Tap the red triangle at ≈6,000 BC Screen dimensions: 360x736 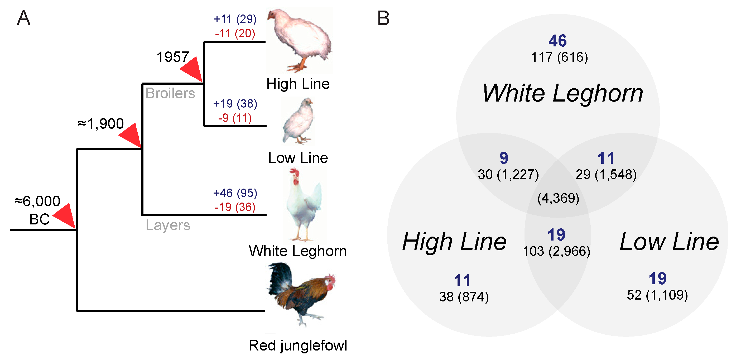click(65, 216)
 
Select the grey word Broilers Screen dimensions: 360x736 click(170, 93)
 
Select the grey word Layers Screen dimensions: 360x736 click(168, 225)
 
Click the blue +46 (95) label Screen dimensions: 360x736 click(235, 193)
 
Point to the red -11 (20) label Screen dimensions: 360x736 click(235, 33)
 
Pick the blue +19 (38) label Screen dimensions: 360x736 click(235, 104)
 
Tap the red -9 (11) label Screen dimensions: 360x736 click(235, 118)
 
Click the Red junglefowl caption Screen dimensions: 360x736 click(298, 345)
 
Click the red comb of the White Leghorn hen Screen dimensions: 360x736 click(294, 172)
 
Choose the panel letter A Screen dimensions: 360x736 click(23, 18)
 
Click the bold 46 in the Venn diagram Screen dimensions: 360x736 click(557, 41)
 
